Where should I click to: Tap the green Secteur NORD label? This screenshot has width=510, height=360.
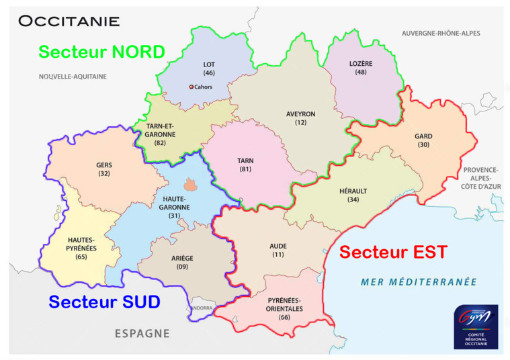(x=101, y=52)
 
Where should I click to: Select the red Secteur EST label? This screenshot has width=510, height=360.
(x=393, y=253)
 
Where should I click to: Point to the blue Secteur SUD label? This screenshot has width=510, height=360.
(x=104, y=302)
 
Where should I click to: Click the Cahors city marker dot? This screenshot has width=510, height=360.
(x=192, y=87)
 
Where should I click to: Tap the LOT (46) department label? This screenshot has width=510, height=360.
(x=209, y=69)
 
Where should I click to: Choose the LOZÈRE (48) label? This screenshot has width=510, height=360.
(x=361, y=68)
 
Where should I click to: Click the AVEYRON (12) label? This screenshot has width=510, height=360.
(x=300, y=118)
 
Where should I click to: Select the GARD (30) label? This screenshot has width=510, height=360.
(x=423, y=140)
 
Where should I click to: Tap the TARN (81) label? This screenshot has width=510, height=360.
(x=245, y=165)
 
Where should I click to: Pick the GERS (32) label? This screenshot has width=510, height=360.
(x=104, y=169)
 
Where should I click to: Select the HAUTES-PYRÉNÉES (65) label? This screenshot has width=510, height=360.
(x=81, y=248)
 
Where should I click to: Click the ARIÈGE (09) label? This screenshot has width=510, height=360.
(x=182, y=262)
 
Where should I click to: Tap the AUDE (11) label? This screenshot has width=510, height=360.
(x=278, y=251)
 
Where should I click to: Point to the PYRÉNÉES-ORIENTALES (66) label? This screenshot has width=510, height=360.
(x=285, y=308)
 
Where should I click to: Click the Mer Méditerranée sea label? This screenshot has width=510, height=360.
(x=418, y=282)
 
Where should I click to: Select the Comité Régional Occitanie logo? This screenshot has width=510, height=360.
(x=476, y=326)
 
